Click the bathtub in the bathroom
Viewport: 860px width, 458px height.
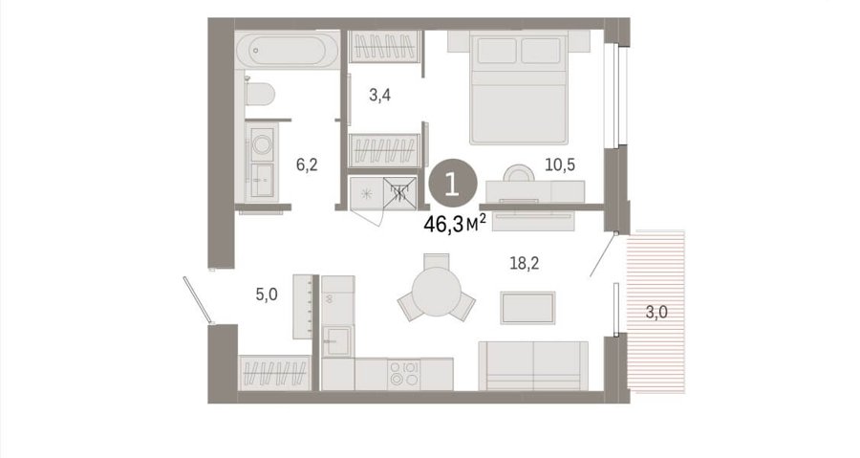[x=288, y=50]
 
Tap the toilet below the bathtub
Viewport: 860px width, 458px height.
[x=259, y=94]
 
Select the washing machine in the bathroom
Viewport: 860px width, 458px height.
[x=262, y=143]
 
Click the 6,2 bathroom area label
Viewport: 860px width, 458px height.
[x=307, y=164]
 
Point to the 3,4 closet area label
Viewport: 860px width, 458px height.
[x=379, y=96]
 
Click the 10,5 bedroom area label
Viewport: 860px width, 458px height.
[x=560, y=164]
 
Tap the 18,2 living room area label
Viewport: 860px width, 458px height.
[x=525, y=263]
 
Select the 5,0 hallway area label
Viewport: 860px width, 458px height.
[x=267, y=295]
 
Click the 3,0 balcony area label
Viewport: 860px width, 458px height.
[x=656, y=313]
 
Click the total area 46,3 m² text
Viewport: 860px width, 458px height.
[x=455, y=224]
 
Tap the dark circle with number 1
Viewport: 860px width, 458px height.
[x=453, y=185]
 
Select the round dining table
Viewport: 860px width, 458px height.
[x=437, y=292]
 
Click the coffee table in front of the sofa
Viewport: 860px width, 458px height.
[x=527, y=308]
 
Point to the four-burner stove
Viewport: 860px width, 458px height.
[x=403, y=374]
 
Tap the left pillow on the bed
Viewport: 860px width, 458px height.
[x=498, y=51]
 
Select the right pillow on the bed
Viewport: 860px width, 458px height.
[x=541, y=51]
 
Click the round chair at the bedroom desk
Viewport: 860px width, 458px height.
[x=519, y=173]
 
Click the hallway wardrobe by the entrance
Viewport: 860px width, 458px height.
[x=275, y=373]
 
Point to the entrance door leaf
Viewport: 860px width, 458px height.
[x=197, y=300]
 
